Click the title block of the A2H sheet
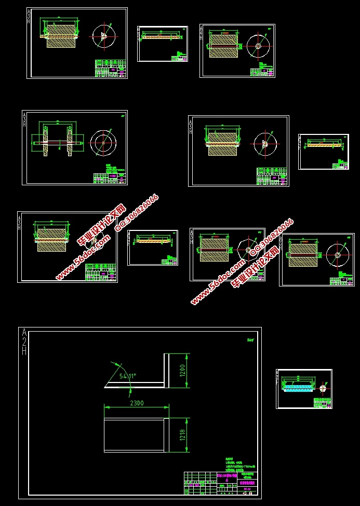(x=220, y=483)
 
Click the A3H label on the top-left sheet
(x=30, y=19)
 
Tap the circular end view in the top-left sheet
(x=104, y=36)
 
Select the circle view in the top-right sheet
(x=258, y=46)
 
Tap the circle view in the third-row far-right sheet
(x=337, y=254)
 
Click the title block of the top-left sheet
(x=111, y=69)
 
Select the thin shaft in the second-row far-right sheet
(x=324, y=145)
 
